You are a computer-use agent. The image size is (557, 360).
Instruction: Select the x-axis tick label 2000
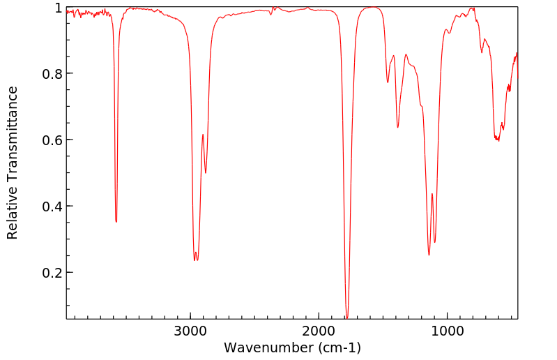[319, 330]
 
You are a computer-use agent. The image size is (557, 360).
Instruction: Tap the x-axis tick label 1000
[447, 330]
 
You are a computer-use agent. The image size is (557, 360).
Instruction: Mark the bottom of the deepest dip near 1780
[347, 317]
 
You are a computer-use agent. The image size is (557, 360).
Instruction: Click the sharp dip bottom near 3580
[116, 222]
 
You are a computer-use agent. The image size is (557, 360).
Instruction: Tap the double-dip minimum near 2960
[194, 260]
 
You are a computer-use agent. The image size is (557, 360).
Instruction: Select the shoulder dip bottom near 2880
[206, 173]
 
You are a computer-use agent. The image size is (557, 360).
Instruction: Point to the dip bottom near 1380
[398, 127]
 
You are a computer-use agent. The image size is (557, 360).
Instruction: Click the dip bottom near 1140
[429, 255]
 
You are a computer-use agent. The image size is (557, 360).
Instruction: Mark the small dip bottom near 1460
[388, 82]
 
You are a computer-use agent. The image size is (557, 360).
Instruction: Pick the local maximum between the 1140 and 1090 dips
[432, 194]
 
